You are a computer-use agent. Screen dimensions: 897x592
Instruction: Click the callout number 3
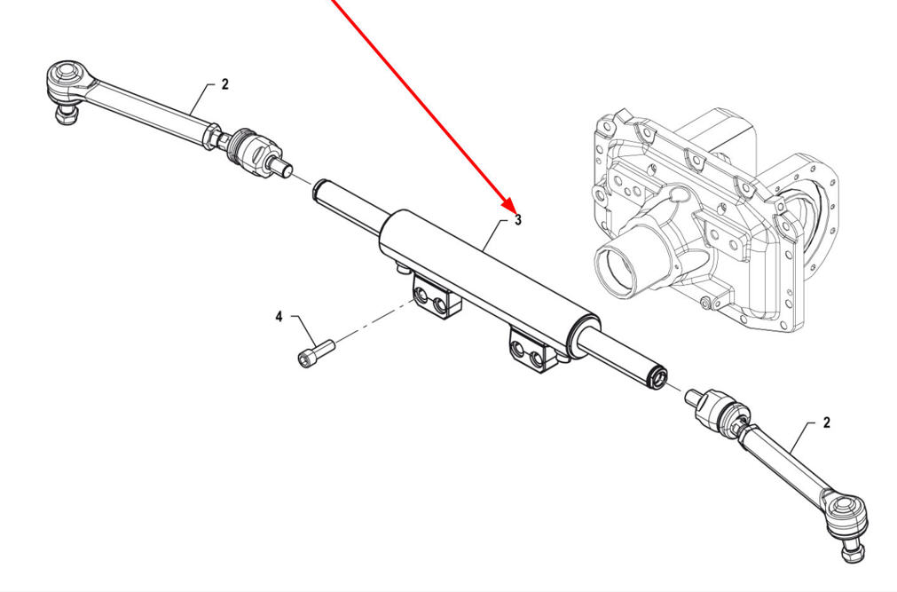(518, 220)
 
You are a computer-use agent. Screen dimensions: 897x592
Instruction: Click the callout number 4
(279, 317)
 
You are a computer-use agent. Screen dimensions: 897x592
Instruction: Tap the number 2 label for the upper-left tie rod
(224, 84)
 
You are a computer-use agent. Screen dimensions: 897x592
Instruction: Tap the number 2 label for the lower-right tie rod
(826, 423)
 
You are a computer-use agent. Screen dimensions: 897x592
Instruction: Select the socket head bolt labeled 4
(317, 353)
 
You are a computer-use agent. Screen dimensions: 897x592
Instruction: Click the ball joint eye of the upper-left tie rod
(63, 76)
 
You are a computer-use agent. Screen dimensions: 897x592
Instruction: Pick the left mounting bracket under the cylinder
(437, 296)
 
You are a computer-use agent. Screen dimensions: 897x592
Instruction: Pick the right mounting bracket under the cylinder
(532, 351)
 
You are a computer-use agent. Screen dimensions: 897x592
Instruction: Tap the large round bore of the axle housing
(617, 268)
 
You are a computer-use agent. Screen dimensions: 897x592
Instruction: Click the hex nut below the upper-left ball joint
(64, 114)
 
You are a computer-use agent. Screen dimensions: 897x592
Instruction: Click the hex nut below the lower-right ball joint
(852, 554)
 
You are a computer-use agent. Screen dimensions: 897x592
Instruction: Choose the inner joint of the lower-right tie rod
(718, 409)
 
